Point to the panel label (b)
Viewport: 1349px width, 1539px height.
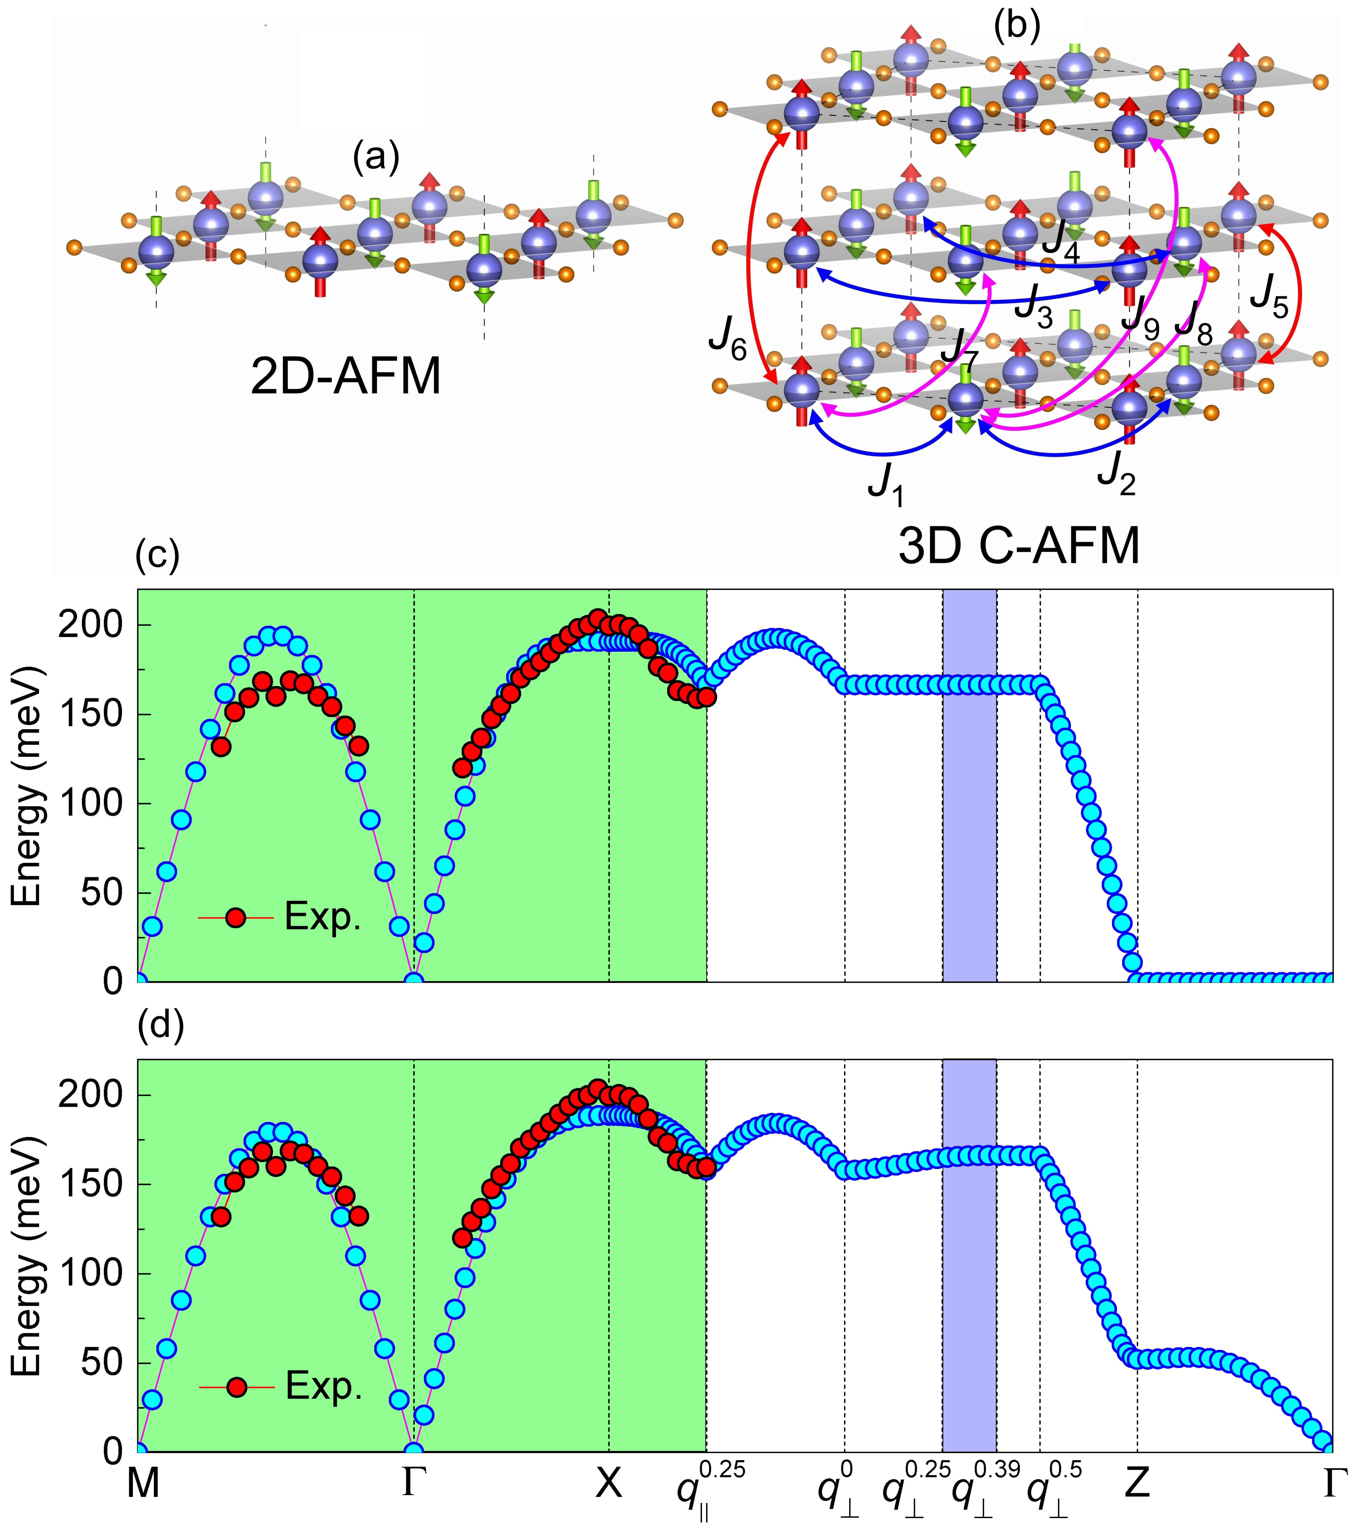click(x=1017, y=27)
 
